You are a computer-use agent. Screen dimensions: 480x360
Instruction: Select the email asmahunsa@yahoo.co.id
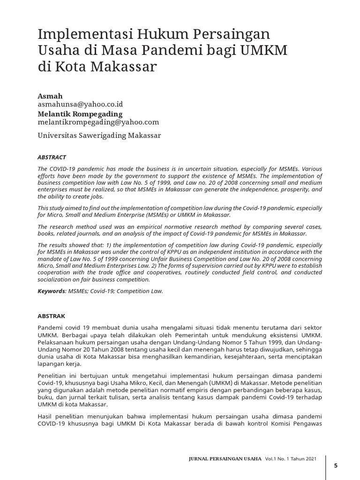pos(80,104)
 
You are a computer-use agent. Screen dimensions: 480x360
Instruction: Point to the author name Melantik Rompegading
pos(80,113)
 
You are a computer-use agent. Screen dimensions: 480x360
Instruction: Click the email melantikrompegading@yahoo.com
pos(98,122)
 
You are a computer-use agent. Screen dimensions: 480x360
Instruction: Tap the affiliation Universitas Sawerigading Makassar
pos(99,135)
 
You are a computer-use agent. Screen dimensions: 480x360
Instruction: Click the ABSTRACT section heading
pos(52,157)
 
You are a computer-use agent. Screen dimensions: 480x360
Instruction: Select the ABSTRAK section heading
pos(51,316)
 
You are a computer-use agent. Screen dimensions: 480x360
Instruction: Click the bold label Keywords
pos(51,291)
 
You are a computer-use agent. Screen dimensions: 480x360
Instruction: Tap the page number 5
pos(335,465)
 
